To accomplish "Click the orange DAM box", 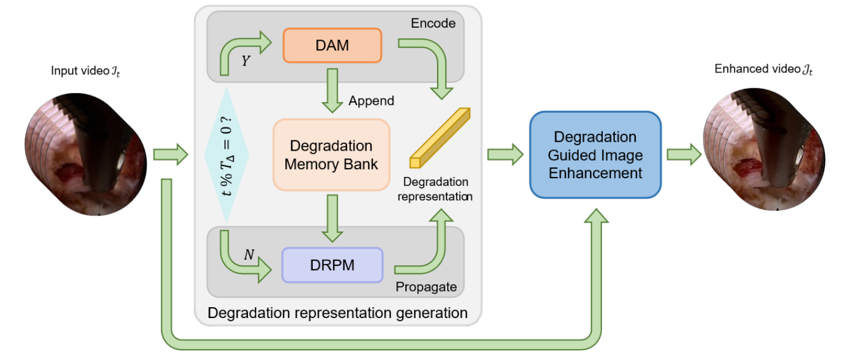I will [x=332, y=45].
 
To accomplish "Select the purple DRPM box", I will [x=332, y=265].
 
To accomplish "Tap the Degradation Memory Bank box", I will [x=331, y=155].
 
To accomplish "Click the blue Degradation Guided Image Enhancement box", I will [x=595, y=155].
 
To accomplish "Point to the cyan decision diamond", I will [x=227, y=155].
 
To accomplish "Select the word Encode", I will [x=433, y=23].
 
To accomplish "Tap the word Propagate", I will [x=426, y=287].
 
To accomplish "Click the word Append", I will [x=371, y=100].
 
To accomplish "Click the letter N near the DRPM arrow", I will [x=249, y=254].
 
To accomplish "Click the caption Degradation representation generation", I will [x=337, y=312].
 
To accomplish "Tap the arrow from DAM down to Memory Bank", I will [x=331, y=90].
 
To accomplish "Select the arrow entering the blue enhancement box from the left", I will [x=504, y=155].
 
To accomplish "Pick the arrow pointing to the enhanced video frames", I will [x=685, y=155].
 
